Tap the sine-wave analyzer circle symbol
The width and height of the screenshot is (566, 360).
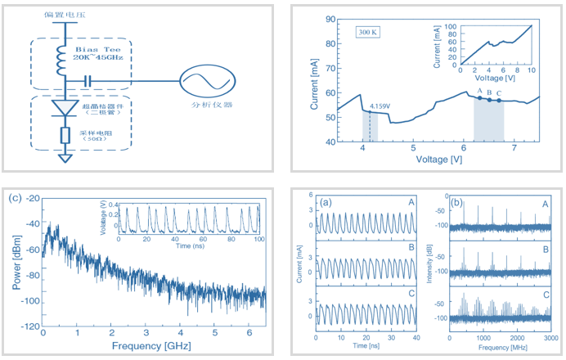pyautogui.click(x=200, y=81)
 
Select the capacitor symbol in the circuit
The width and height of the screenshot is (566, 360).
pyautogui.click(x=88, y=81)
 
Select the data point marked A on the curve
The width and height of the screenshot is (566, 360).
pyautogui.click(x=479, y=98)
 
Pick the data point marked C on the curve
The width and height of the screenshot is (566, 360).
pyautogui.click(x=499, y=101)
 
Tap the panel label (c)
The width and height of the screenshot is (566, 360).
pyautogui.click(x=15, y=197)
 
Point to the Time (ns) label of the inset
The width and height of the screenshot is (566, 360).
pyautogui.click(x=190, y=245)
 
